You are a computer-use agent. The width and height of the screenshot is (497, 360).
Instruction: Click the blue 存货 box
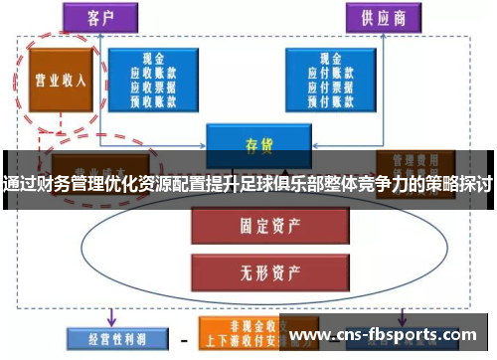point(258,144)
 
